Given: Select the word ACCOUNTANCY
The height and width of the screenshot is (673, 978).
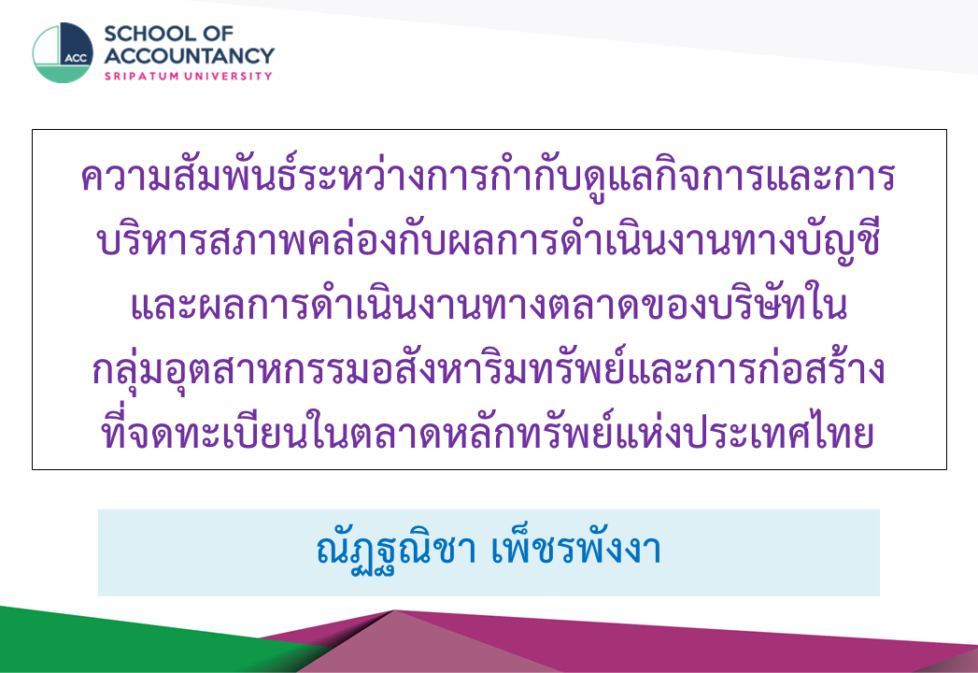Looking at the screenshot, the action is [x=189, y=55].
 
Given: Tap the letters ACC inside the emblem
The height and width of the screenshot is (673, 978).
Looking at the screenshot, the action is [x=76, y=58].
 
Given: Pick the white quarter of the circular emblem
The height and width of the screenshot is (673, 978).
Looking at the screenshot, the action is [x=48, y=46].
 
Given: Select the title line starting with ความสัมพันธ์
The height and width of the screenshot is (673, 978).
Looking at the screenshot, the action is [x=489, y=176].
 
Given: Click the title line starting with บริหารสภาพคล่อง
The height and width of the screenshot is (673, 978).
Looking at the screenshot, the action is [x=489, y=240].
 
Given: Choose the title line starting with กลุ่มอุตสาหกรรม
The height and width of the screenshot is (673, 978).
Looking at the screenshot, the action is [x=489, y=369].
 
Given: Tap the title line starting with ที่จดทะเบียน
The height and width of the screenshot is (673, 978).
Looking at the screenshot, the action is [x=489, y=432].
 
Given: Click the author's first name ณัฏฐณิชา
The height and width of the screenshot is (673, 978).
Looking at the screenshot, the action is [x=397, y=551].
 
